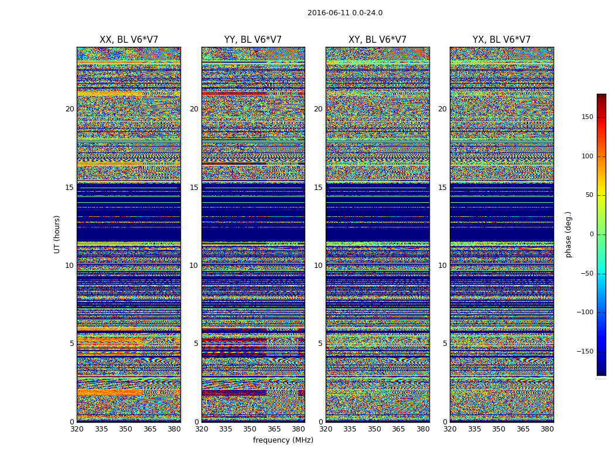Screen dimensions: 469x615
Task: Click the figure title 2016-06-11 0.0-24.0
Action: tap(345, 13)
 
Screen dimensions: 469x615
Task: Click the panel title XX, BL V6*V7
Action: tap(129, 40)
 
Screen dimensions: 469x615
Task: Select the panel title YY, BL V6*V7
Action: tap(253, 40)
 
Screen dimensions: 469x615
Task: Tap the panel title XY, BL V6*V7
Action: tap(377, 40)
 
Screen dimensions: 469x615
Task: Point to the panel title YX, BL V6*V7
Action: tap(501, 40)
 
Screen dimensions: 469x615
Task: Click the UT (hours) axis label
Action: tap(57, 234)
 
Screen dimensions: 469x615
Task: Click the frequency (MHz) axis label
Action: tap(283, 440)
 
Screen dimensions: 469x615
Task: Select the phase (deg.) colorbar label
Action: tap(568, 234)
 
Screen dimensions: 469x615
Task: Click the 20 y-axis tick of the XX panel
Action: tap(70, 109)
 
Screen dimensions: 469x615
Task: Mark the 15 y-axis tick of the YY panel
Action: tap(194, 188)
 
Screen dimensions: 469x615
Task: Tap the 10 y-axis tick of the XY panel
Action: tap(318, 266)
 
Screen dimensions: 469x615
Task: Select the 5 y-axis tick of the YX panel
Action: tap(445, 344)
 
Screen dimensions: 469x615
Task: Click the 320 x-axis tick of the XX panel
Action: tap(77, 429)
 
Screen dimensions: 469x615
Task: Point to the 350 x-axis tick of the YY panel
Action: tap(250, 429)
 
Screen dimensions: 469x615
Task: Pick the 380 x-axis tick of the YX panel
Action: tap(547, 429)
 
